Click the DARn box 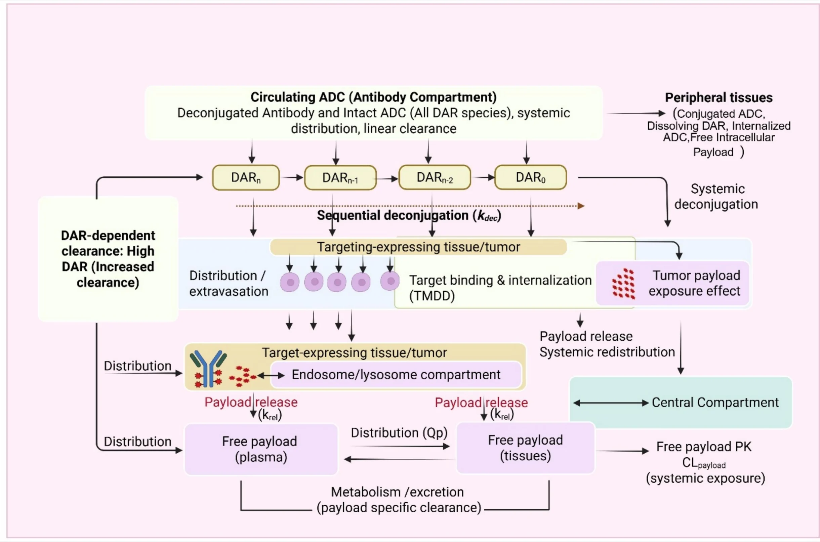pos(246,178)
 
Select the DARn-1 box pos(340,178)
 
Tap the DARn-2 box pos(435,177)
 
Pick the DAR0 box pos(531,177)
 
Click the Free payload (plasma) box pos(261,449)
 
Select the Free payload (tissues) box pos(526,448)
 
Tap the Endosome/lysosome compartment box pos(396,375)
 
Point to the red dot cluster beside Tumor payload pos(624,284)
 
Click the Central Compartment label pos(715,402)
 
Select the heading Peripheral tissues pos(719,98)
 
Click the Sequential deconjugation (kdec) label pos(409,215)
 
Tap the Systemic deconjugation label pos(716,196)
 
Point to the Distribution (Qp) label pos(399,433)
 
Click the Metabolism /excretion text pos(398,492)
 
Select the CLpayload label pos(704,463)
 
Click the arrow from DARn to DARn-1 pos(292,178)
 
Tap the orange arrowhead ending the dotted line pos(581,206)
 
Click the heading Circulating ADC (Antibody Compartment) pos(373,97)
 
